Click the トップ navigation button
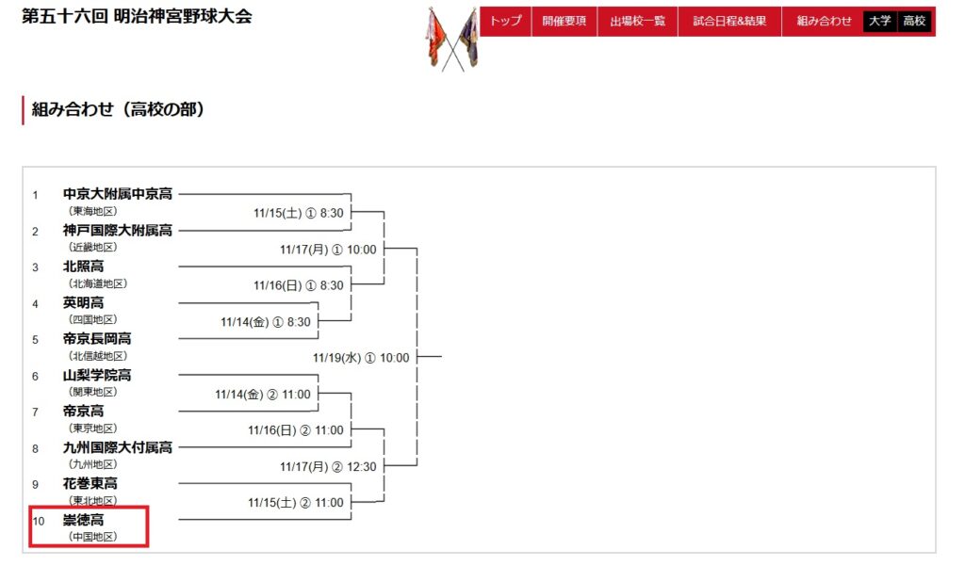point(506,21)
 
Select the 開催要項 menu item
point(563,21)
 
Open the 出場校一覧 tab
point(637,21)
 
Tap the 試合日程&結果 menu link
point(728,21)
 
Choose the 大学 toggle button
point(880,21)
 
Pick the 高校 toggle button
point(913,21)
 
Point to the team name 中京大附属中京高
point(118,194)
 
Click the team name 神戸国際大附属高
point(118,231)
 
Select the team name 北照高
point(83,267)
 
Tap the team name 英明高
point(83,302)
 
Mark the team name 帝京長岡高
point(97,339)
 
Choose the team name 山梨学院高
point(97,375)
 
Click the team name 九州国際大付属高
point(118,447)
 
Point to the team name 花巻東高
point(90,483)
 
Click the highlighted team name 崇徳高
point(83,519)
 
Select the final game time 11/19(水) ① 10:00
point(361,358)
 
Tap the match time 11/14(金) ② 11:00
point(262,395)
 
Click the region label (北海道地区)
point(97,283)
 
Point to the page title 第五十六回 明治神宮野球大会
point(137,17)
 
